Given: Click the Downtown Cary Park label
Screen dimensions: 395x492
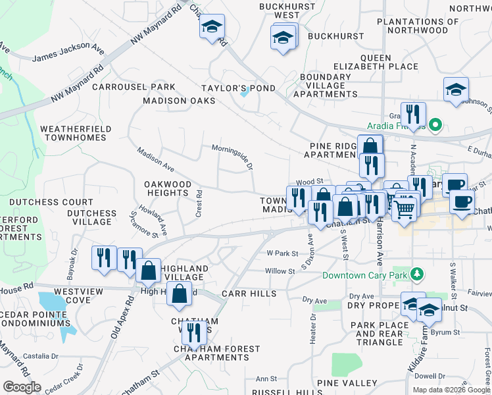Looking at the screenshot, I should [x=364, y=275].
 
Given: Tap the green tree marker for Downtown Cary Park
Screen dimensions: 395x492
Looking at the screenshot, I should [x=416, y=273].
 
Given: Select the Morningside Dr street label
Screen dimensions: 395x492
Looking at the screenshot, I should [x=232, y=157].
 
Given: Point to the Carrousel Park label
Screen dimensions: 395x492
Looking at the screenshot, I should [x=134, y=87].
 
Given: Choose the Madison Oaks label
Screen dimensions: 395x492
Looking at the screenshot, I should [x=180, y=101].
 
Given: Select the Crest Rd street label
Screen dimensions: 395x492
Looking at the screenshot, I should [x=198, y=204].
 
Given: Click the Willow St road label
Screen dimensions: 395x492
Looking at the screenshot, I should [x=280, y=271].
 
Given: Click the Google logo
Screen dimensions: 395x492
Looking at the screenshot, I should [x=22, y=387].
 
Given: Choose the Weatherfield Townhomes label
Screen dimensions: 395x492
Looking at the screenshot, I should [x=73, y=133].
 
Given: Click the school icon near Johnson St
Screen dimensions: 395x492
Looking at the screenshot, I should [x=456, y=90].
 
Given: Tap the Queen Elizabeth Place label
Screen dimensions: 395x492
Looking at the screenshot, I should [x=376, y=62].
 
